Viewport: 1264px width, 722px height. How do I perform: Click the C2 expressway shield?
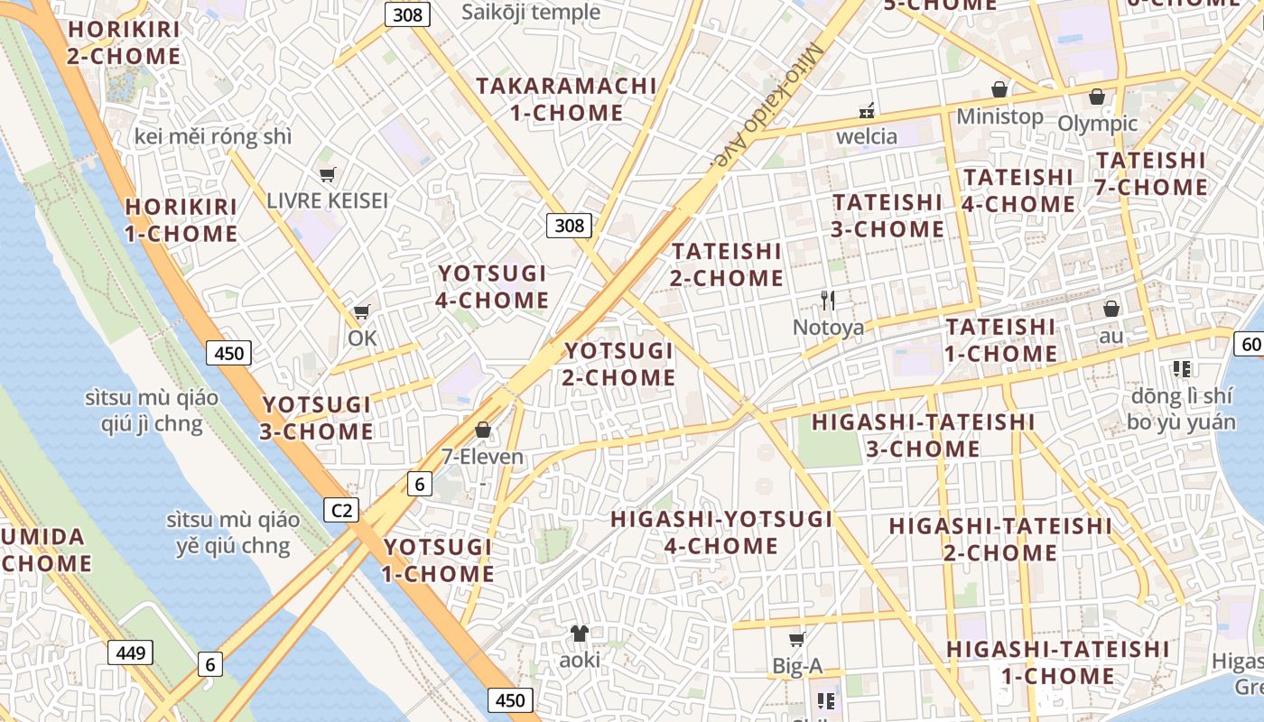tap(341, 511)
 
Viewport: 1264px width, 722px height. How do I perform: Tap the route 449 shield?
tap(131, 653)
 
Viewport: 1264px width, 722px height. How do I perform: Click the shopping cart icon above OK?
tap(361, 312)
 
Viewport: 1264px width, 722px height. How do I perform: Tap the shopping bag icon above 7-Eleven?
tap(483, 430)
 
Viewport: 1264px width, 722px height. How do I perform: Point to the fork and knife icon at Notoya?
tap(828, 301)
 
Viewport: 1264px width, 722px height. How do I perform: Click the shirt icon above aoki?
tap(579, 634)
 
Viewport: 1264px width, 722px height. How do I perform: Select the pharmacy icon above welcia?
tap(867, 110)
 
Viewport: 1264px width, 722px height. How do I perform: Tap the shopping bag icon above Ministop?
tap(999, 89)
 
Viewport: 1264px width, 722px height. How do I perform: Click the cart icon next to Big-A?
tap(796, 640)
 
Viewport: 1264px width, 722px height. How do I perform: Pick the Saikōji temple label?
tap(531, 12)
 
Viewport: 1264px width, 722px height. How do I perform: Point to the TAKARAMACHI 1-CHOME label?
tap(566, 99)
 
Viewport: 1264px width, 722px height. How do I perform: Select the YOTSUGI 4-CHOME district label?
tap(492, 287)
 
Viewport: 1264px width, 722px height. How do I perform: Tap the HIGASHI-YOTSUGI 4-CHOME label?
tap(721, 532)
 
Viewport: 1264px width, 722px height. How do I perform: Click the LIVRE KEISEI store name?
tap(327, 200)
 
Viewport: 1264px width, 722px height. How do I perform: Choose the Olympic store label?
tap(1097, 123)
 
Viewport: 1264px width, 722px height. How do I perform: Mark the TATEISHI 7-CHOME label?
tap(1151, 174)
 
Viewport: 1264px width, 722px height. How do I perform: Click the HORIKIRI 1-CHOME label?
tap(181, 220)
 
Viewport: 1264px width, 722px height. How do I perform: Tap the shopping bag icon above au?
tap(1111, 309)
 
